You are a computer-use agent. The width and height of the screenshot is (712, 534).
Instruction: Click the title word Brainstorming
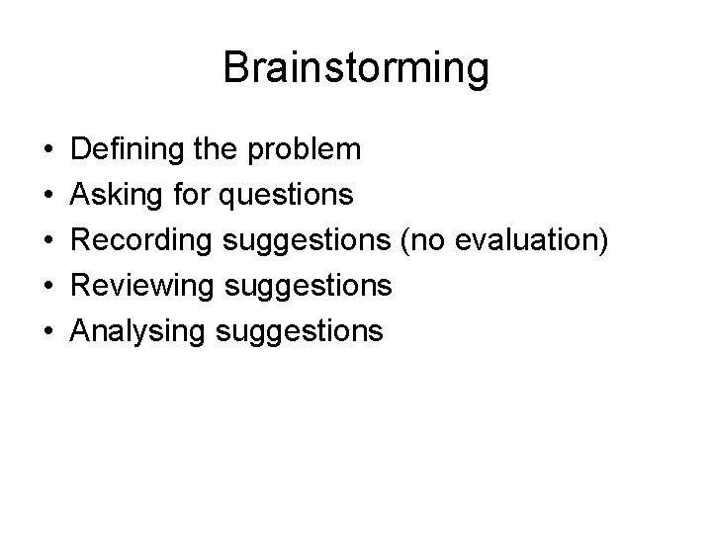[x=355, y=69]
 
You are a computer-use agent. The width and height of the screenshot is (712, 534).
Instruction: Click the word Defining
[x=124, y=149]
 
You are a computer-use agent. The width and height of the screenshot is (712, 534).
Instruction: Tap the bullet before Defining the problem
[x=47, y=150]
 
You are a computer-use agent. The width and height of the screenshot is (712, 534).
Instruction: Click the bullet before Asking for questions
[x=47, y=196]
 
